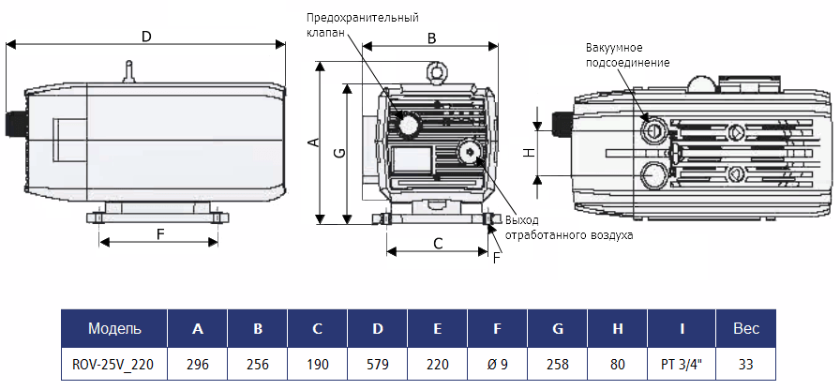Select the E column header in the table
tap(438, 328)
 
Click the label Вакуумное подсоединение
tap(627, 54)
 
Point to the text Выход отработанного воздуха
tap(569, 228)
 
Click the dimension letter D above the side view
tap(145, 37)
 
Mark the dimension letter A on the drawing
tap(313, 143)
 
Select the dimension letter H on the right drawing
tap(528, 152)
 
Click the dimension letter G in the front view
tap(338, 152)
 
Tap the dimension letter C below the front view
tap(438, 242)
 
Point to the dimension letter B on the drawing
tap(431, 38)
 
